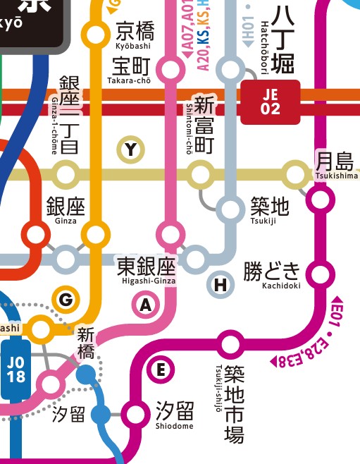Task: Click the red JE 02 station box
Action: (271, 102)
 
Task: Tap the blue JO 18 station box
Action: (15, 370)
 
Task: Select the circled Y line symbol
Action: (130, 149)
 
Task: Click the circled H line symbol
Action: (221, 285)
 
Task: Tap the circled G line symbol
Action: (66, 300)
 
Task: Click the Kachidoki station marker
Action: (321, 273)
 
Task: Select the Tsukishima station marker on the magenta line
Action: (321, 200)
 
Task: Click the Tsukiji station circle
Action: (230, 209)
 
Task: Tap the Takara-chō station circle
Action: (170, 69)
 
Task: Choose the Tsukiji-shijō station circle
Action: (230, 345)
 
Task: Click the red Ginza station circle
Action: (34, 233)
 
